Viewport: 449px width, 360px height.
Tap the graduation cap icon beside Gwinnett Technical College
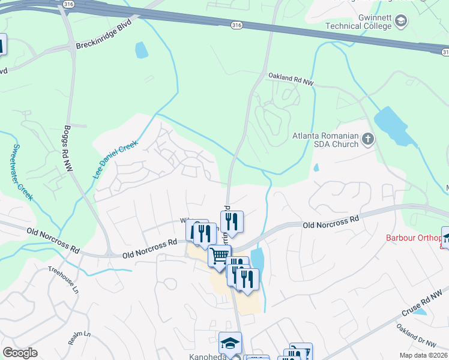400,22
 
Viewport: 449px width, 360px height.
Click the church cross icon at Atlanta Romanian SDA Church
368,140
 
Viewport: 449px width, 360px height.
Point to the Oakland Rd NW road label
291,81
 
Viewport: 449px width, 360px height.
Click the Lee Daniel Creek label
115,160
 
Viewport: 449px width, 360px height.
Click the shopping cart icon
220,256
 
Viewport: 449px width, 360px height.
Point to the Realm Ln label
79,337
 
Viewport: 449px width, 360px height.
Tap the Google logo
20,353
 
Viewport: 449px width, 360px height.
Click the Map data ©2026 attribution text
423,355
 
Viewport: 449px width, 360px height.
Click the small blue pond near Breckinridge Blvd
141,50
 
